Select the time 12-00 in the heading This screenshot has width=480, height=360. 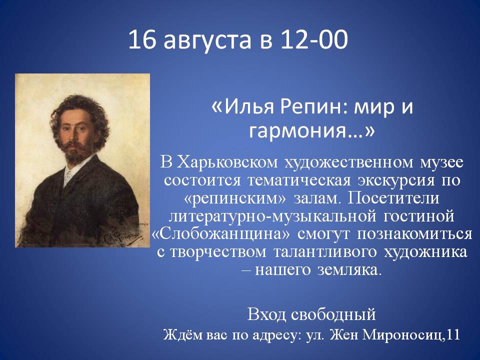[x=314, y=39]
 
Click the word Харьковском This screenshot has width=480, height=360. [x=228, y=162]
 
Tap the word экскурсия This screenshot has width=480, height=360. [x=396, y=181]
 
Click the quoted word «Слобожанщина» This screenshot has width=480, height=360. [x=220, y=234]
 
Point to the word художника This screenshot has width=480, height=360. [x=425, y=252]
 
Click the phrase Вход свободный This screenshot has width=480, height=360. [x=311, y=314]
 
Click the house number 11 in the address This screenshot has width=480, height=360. [x=453, y=334]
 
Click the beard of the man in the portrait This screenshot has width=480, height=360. [x=76, y=152]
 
